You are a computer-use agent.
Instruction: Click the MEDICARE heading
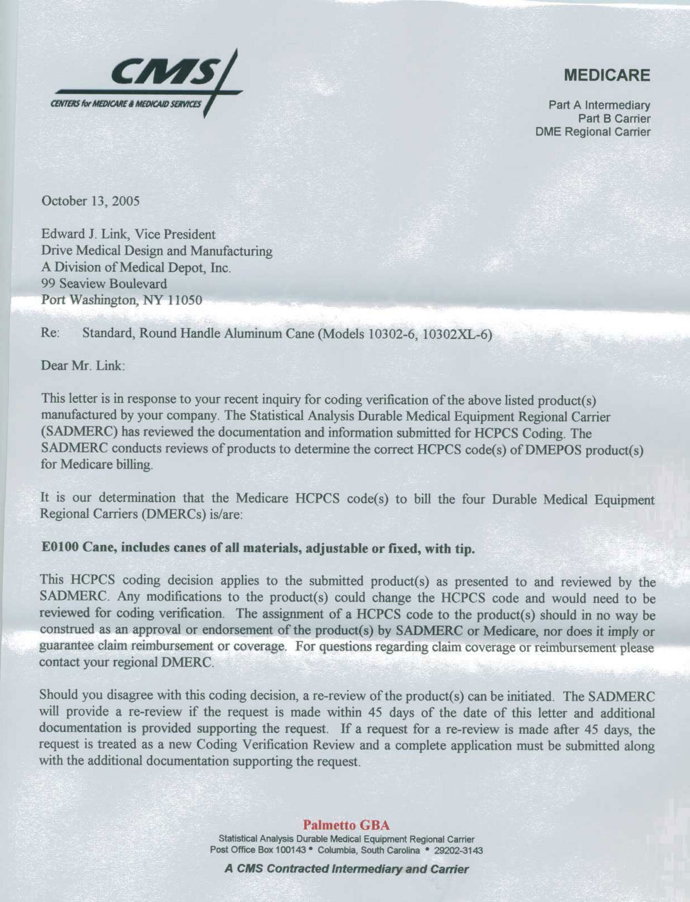pos(607,76)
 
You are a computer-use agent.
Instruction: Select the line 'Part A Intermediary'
pos(599,105)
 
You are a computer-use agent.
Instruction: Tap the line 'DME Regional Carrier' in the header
pos(593,132)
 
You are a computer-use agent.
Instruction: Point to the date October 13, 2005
pos(90,201)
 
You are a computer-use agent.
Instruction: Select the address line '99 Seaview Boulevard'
pos(104,284)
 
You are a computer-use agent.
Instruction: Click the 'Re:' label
pos(50,333)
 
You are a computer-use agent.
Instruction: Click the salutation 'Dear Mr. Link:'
pos(83,366)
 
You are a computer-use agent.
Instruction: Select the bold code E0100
pos(60,548)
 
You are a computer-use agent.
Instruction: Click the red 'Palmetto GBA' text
pos(346,825)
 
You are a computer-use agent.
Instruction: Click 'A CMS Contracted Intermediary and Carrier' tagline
pos(346,869)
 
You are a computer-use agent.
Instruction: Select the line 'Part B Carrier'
pos(614,119)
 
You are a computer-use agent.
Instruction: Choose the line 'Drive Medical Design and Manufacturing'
pos(157,251)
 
